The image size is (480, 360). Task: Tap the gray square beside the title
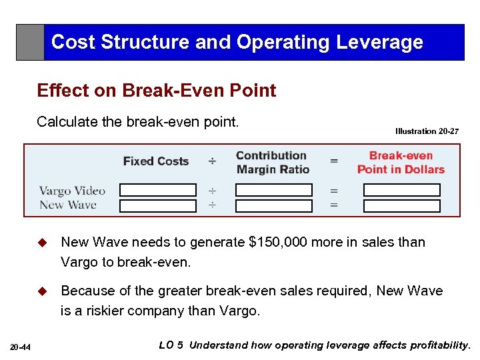(x=30, y=42)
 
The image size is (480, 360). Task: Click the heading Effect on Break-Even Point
(x=157, y=91)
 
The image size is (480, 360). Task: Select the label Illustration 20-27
(x=427, y=131)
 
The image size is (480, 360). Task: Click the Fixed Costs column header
(x=156, y=161)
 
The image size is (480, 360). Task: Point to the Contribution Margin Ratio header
(x=272, y=162)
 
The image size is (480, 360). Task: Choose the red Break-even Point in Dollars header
(x=401, y=162)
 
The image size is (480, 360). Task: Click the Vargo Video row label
(x=72, y=191)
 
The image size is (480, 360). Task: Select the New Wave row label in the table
(x=68, y=205)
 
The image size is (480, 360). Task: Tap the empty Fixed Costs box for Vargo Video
(x=158, y=191)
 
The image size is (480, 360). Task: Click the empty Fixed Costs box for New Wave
(x=158, y=205)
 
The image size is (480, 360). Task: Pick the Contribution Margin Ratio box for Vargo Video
(x=273, y=191)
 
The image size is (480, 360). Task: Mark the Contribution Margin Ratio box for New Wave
(x=273, y=205)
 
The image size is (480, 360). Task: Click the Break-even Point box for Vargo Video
(x=401, y=191)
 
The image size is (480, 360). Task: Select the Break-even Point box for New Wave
(x=401, y=205)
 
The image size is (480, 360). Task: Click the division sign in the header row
(x=211, y=161)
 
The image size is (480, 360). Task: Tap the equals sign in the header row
(x=333, y=161)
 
